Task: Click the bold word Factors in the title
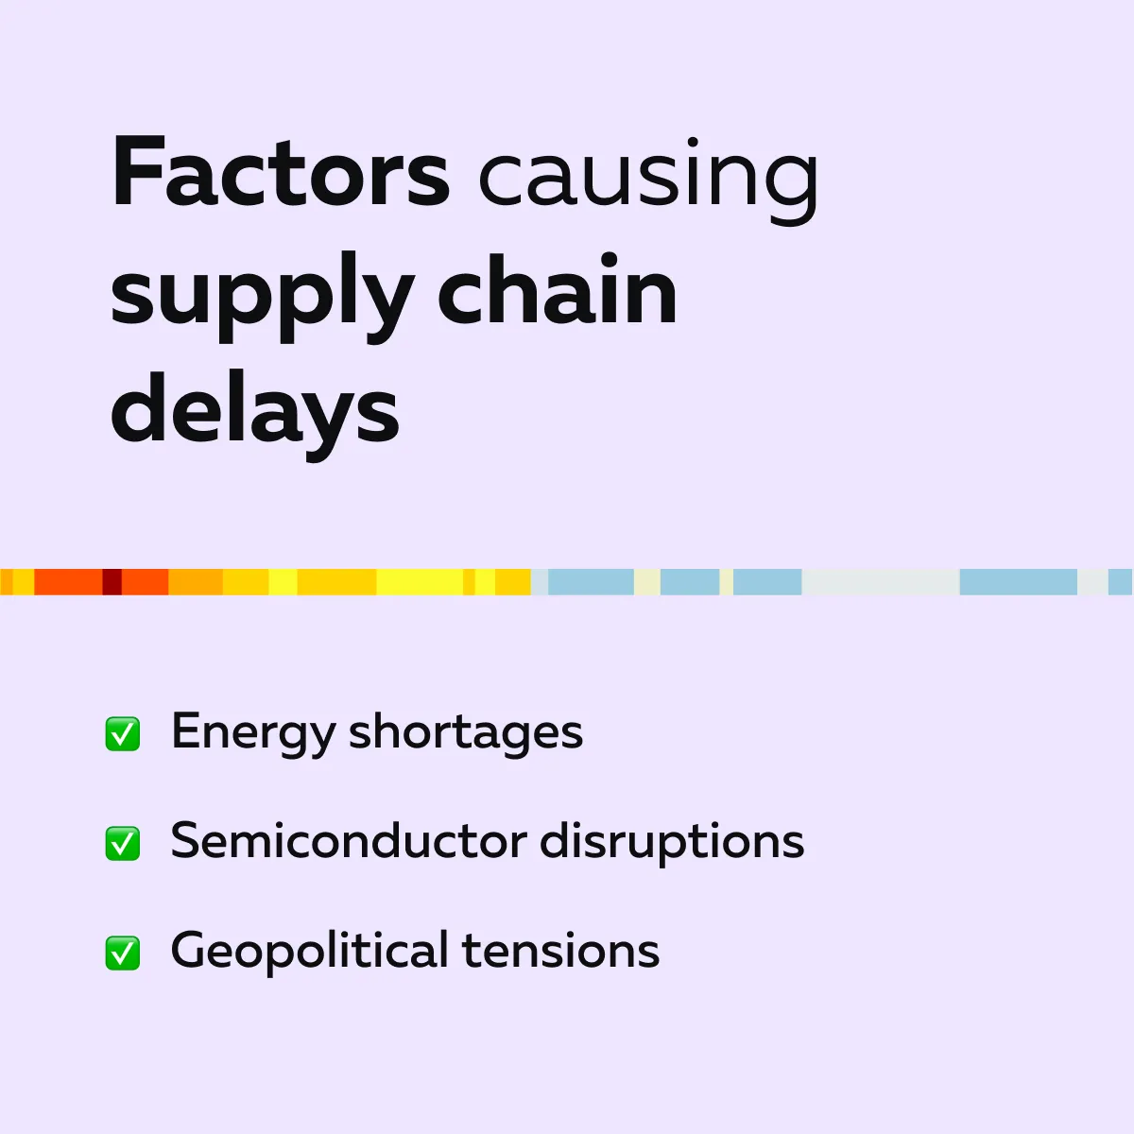(x=281, y=171)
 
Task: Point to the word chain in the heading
(x=557, y=287)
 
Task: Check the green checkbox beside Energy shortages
(x=123, y=734)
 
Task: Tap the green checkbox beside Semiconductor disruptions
(x=123, y=843)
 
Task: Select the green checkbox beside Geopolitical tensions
(x=123, y=953)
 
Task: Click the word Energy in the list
(x=253, y=734)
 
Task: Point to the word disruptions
(x=672, y=843)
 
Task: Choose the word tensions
(x=560, y=951)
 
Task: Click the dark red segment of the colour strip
(x=112, y=582)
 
